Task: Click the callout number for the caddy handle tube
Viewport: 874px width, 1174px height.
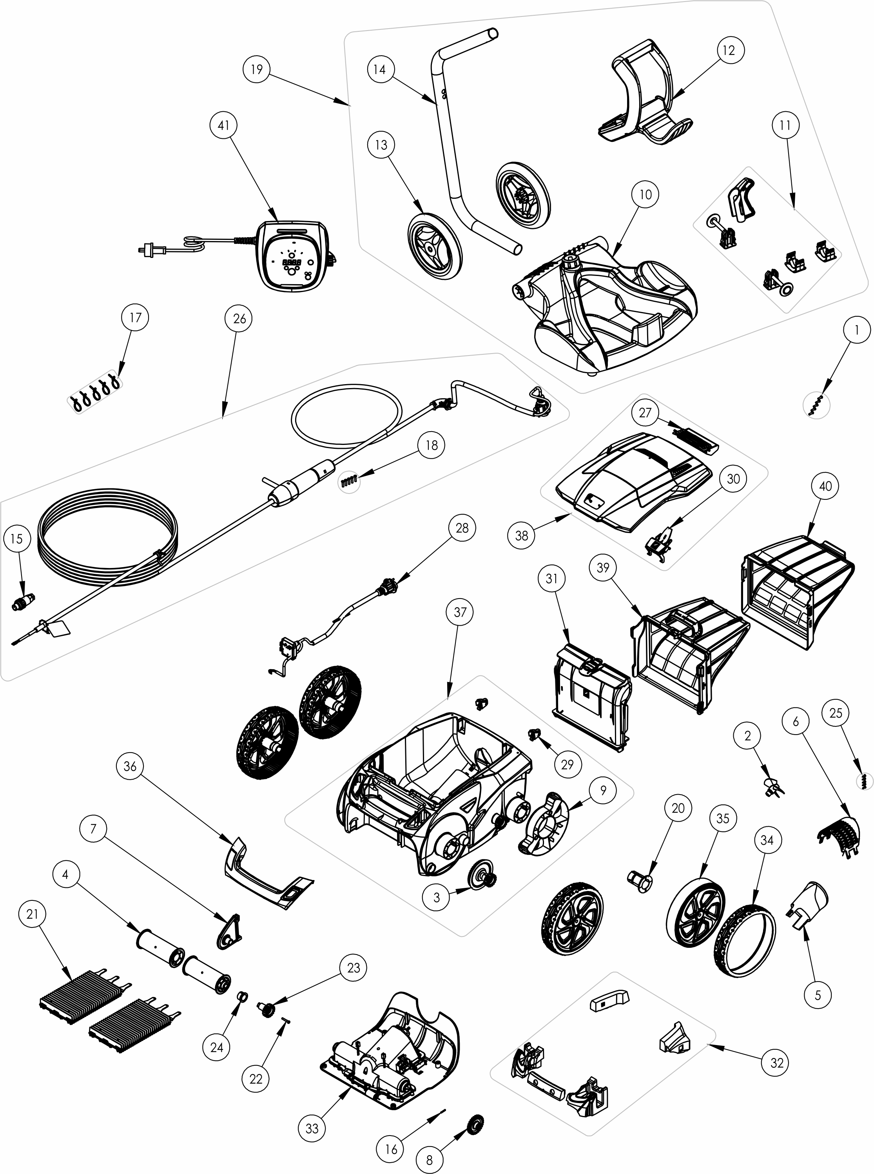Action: click(x=379, y=69)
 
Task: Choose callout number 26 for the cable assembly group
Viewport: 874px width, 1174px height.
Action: click(x=239, y=319)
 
